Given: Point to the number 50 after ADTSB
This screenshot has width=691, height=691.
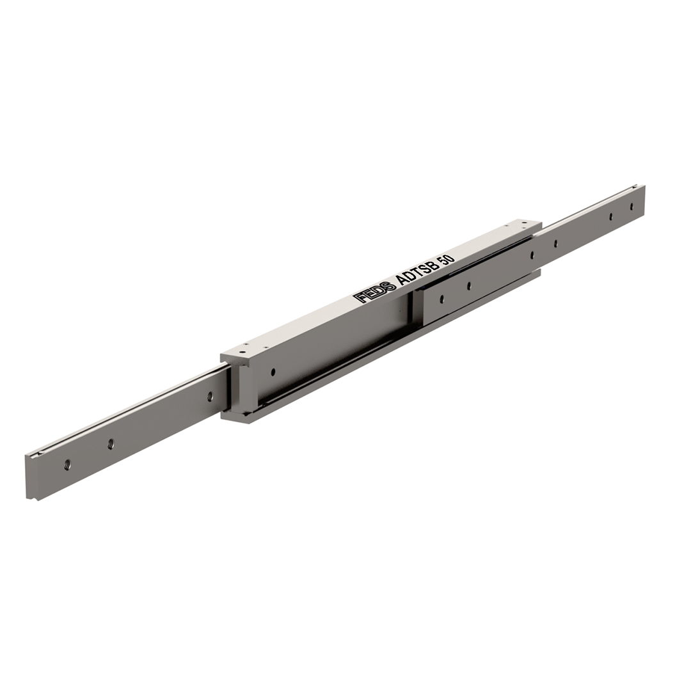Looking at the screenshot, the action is coord(448,257).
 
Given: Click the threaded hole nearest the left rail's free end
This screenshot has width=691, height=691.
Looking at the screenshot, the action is coord(67,464).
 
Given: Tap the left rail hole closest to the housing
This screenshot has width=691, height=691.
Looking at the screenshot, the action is coord(210,395).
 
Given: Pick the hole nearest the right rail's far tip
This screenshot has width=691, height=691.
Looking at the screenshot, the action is coord(631,206).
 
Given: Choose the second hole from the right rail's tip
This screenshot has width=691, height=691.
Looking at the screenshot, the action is coord(611,216).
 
